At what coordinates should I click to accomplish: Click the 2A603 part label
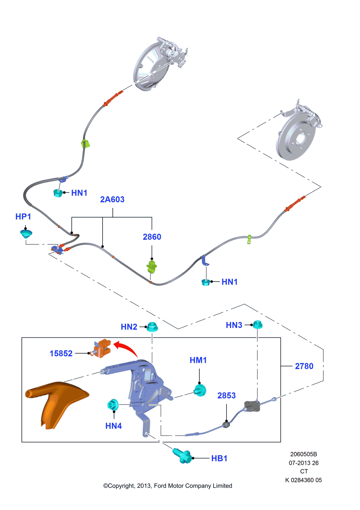112,199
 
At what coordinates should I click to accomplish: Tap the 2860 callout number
152,237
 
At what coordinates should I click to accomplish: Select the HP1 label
23,217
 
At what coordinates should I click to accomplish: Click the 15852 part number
61,353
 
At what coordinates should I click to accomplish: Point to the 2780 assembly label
304,366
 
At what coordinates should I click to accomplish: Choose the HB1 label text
219,458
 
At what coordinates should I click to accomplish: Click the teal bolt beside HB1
182,456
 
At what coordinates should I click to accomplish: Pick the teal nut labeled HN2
152,327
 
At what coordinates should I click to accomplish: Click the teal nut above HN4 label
113,404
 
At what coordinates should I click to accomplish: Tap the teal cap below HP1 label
26,234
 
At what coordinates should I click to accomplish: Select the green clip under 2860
152,267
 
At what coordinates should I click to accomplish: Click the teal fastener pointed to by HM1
200,390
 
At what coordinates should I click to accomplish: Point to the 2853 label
226,396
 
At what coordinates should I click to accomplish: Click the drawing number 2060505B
303,454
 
